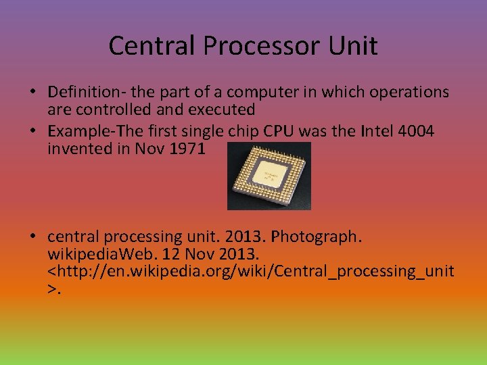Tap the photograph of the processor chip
click(x=269, y=176)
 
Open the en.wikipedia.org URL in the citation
click(x=251, y=272)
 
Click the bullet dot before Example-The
click(x=32, y=130)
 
